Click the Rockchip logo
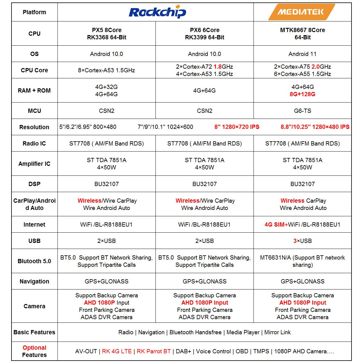pos(157,12)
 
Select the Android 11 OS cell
pos(302,54)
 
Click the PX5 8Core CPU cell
pos(106,34)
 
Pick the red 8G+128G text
pos(302,94)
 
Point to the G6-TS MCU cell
pos(302,111)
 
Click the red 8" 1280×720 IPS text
pos(237,127)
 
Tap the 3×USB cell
pos(302,241)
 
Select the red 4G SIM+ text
pos(276,224)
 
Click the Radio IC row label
pos(34,143)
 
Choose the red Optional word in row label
pos(34,348)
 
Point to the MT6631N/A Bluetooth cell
pos(302,261)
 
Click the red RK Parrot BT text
pos(154,351)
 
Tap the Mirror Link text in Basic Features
pos(277,332)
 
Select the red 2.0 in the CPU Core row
pos(316,67)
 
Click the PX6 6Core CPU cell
pos(204,34)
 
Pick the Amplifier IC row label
pos(34,164)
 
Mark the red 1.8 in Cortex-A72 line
pos(217,67)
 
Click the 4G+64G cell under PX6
pos(204,90)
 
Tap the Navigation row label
pos(34,281)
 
